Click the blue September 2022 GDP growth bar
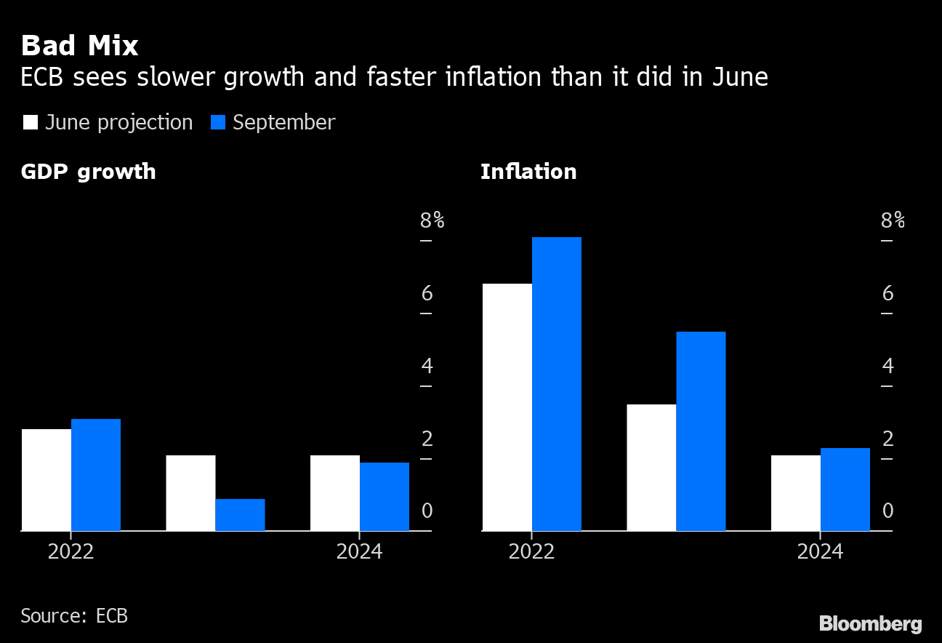(x=96, y=475)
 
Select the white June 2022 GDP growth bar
(x=47, y=480)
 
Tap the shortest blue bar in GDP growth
(x=240, y=515)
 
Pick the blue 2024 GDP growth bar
(x=385, y=497)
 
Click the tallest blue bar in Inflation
(x=557, y=384)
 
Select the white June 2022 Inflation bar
(x=507, y=407)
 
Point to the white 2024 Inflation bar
(x=795, y=493)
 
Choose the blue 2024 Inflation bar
(x=845, y=490)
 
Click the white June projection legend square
(x=31, y=122)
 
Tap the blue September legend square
(x=218, y=122)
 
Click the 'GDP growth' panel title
(x=88, y=172)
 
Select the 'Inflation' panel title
(x=528, y=172)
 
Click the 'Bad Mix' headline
(x=79, y=46)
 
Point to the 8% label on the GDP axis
(x=432, y=220)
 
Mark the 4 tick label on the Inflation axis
(x=887, y=366)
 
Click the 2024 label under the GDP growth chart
(x=359, y=552)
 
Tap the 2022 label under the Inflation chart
(x=531, y=552)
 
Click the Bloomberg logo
(x=870, y=623)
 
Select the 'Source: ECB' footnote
(x=74, y=616)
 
